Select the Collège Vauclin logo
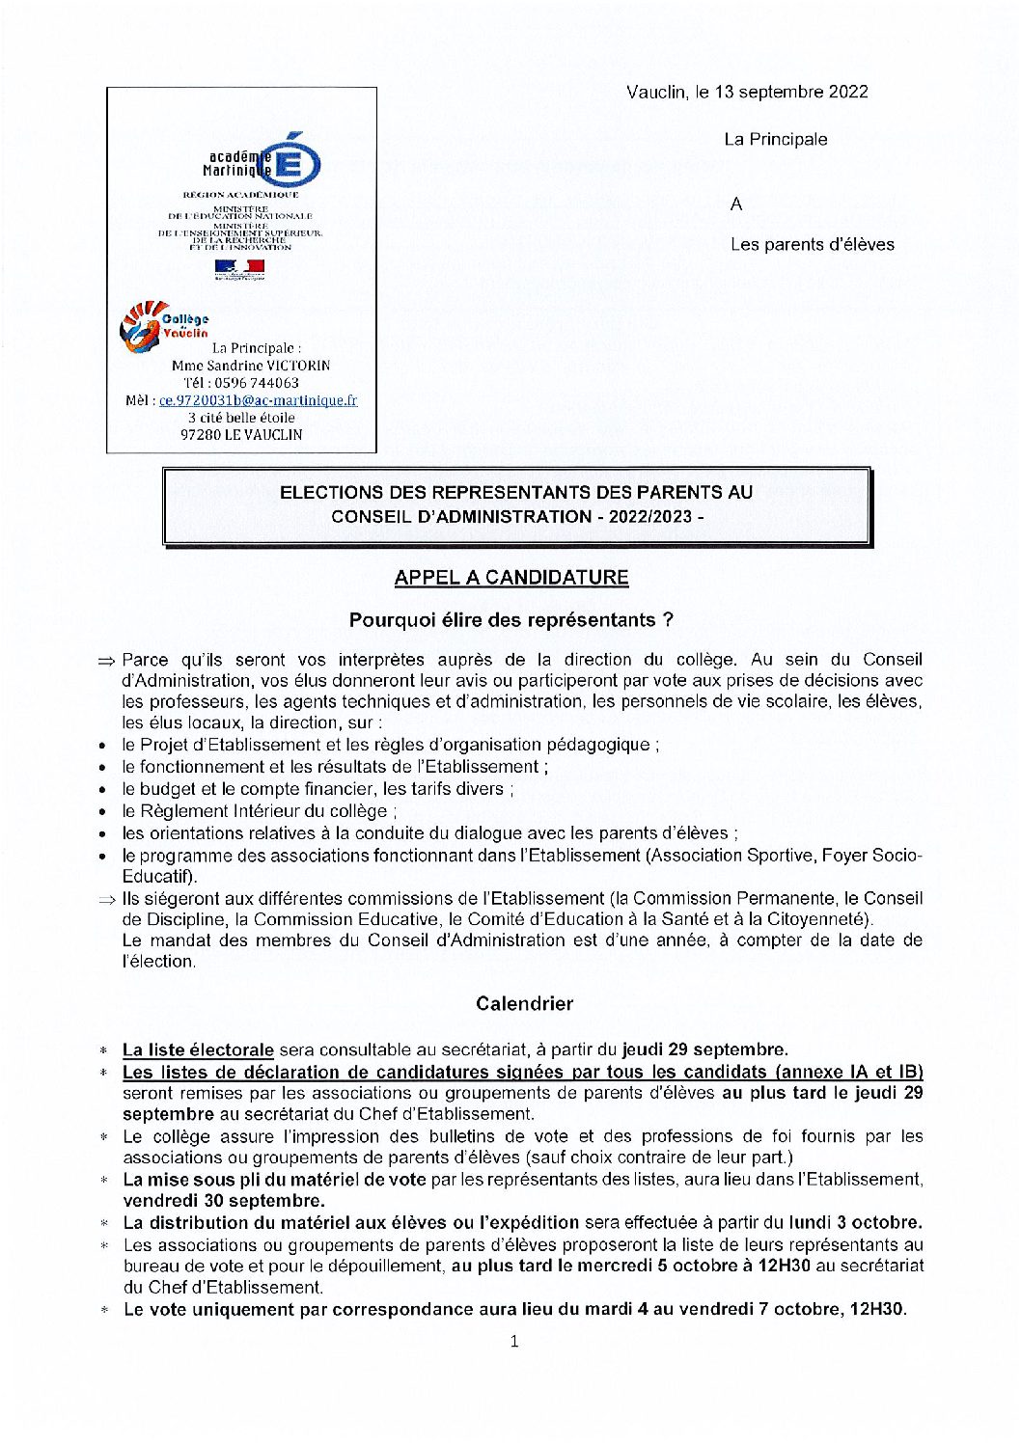click(x=162, y=325)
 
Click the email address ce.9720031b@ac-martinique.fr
click(x=258, y=400)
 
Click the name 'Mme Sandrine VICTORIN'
click(x=250, y=366)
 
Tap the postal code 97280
click(x=200, y=435)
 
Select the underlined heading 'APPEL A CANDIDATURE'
click(x=510, y=578)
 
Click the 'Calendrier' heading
click(x=524, y=1004)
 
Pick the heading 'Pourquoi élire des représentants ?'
click(x=510, y=620)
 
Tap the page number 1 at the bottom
click(x=514, y=1341)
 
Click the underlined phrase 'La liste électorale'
click(x=198, y=1049)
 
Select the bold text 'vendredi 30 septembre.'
click(x=224, y=1201)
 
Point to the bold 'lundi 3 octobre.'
click(x=855, y=1223)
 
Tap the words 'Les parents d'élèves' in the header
click(x=812, y=245)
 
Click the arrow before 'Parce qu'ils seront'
click(x=106, y=661)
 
